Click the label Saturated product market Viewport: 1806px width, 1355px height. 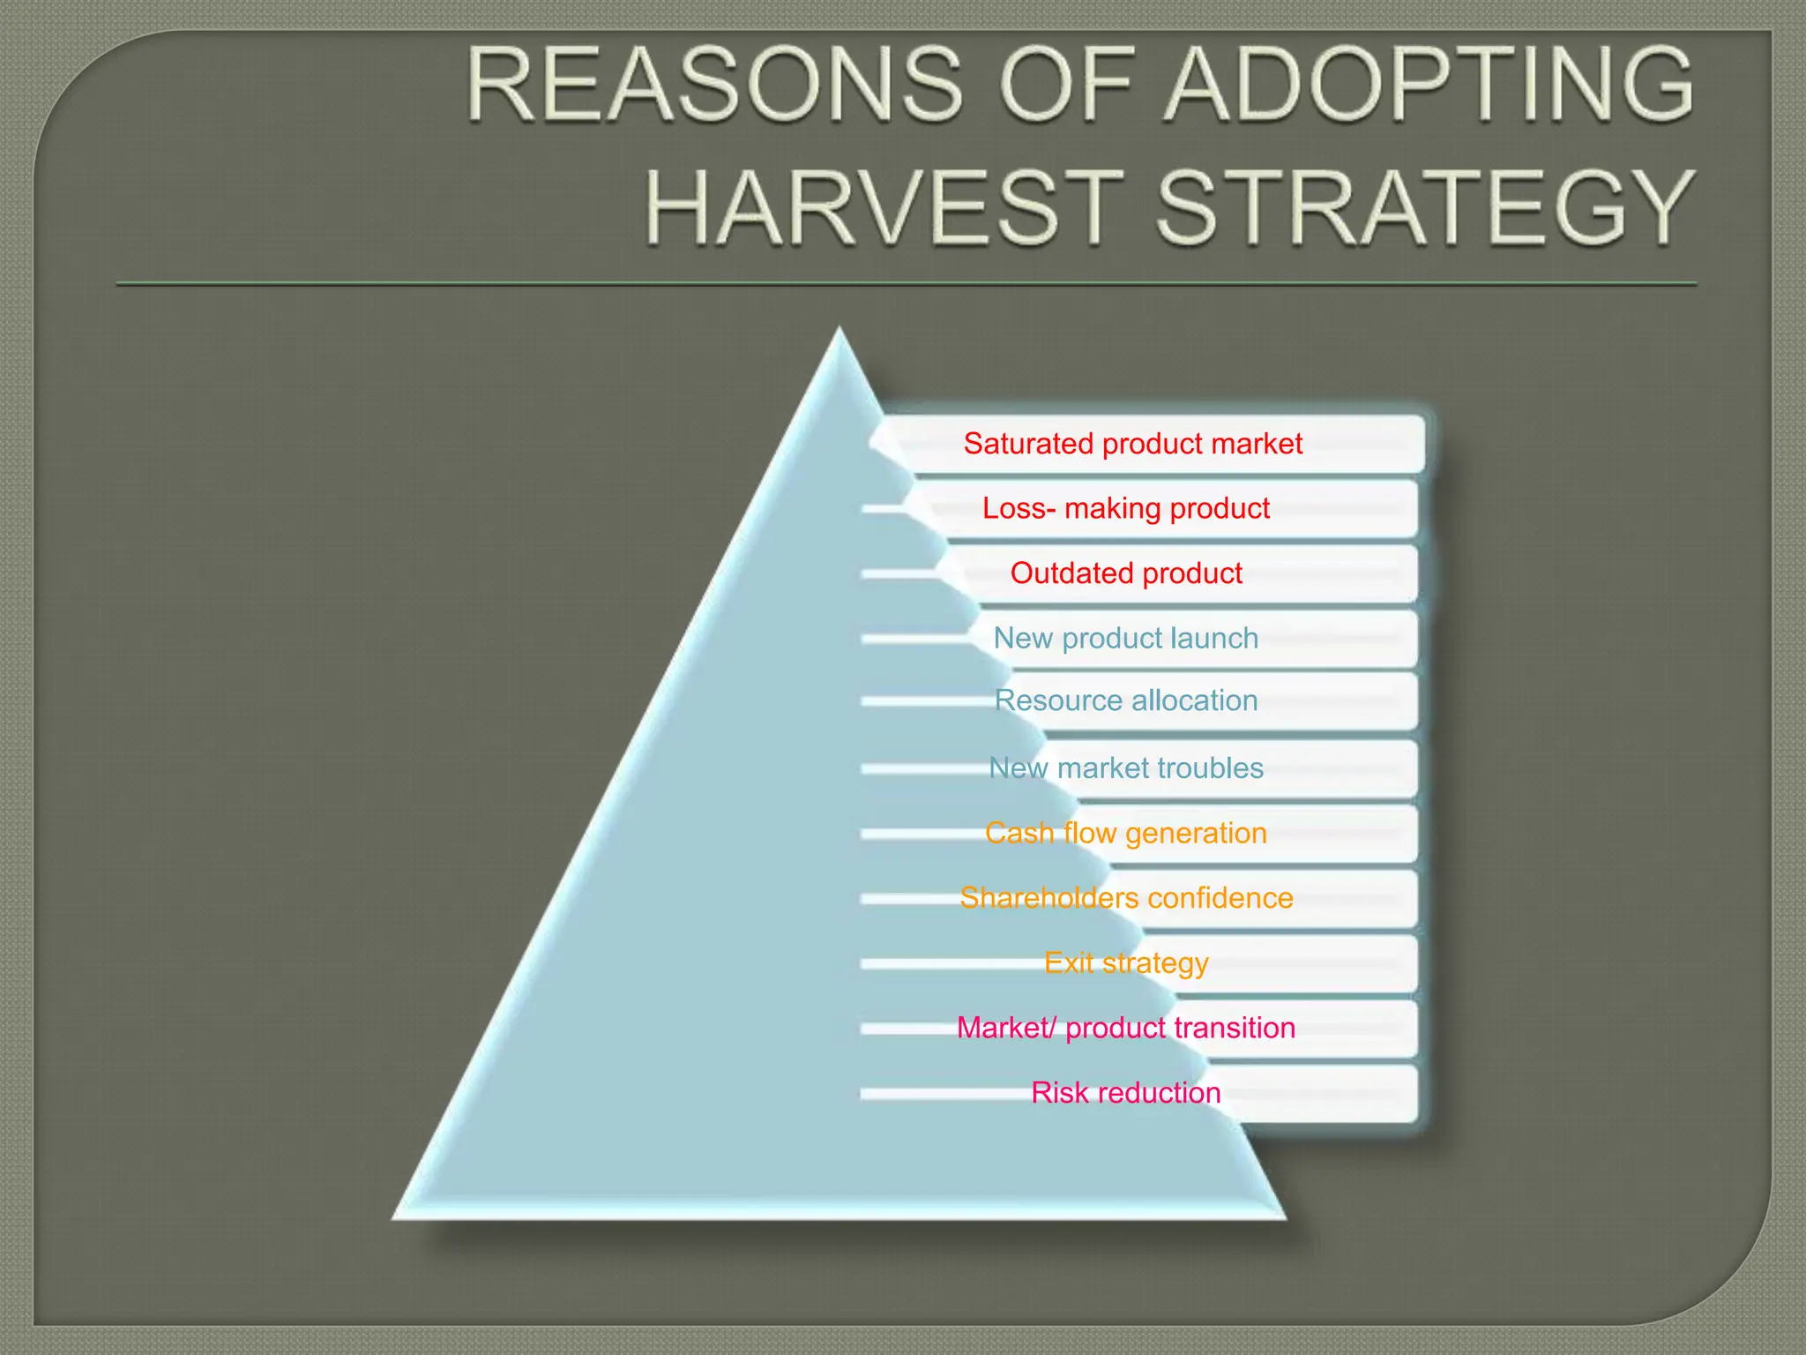(1132, 443)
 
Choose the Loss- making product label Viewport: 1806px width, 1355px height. (1126, 508)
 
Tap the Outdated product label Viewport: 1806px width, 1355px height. (1126, 573)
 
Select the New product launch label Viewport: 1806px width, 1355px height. (1126, 638)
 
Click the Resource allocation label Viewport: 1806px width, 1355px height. (1126, 700)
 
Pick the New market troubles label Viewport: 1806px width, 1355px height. (1126, 768)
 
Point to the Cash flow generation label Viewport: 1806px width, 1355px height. (1126, 833)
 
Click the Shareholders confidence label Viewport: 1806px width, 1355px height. (1126, 898)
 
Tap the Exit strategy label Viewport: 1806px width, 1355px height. (1126, 962)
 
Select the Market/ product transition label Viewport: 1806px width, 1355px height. (1126, 1028)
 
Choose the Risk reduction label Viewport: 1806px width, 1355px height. (1126, 1093)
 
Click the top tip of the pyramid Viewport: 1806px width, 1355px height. (840, 332)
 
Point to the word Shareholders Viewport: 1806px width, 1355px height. (1049, 898)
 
